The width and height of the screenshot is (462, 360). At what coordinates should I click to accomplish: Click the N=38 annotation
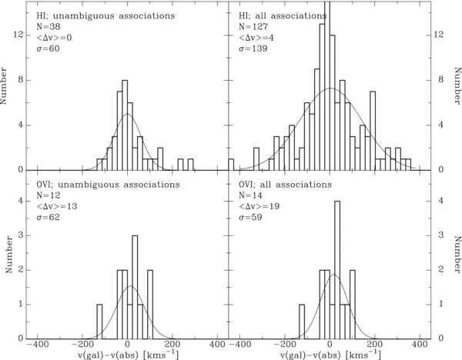[x=49, y=27]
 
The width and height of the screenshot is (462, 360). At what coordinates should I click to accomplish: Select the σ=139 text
[x=253, y=48]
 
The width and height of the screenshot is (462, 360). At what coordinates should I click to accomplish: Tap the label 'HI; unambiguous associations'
[x=105, y=15]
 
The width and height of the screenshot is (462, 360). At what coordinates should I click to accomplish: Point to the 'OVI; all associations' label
[x=285, y=185]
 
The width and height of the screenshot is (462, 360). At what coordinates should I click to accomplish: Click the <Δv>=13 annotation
[x=57, y=206]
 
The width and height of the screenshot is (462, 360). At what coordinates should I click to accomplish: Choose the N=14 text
[x=250, y=195]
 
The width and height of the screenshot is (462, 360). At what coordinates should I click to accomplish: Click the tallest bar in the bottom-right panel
[x=337, y=270]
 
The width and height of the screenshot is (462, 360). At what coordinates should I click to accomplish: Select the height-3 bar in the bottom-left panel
[x=135, y=287]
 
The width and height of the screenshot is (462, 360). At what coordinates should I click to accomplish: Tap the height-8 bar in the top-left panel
[x=125, y=125]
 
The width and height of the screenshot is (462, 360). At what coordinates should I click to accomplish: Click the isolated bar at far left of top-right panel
[x=231, y=165]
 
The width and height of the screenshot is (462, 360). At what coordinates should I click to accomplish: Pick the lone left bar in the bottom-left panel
[x=99, y=322]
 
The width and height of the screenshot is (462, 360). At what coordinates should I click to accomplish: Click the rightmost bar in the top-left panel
[x=191, y=165]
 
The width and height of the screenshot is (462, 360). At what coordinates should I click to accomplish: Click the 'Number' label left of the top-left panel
[x=4, y=85]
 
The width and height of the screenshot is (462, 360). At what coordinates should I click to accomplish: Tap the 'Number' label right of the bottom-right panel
[x=457, y=255]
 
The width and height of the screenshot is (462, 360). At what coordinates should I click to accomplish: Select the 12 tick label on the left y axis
[x=18, y=35]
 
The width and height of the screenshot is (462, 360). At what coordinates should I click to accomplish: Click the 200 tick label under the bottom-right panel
[x=374, y=344]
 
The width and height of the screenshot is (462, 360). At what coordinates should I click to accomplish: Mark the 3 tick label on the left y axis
[x=21, y=235]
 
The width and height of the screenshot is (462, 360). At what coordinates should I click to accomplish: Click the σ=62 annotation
[x=48, y=217]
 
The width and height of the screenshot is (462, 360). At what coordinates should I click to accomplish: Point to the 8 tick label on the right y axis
[x=441, y=80]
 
